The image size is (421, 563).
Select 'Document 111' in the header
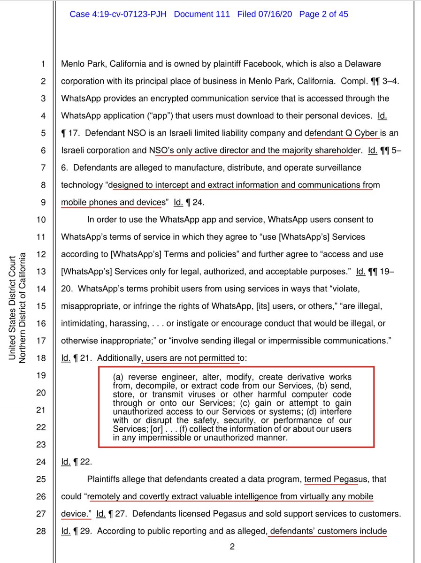coord(202,14)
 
